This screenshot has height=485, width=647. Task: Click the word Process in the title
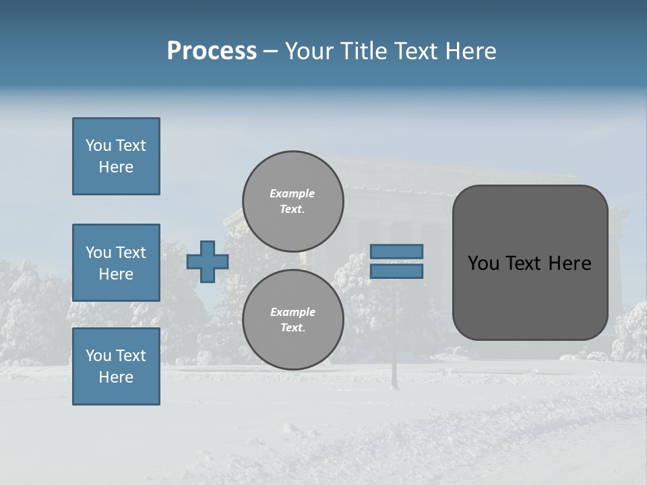pyautogui.click(x=212, y=51)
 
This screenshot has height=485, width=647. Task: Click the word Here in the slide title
pyautogui.click(x=469, y=51)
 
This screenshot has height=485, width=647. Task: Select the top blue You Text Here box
pyautogui.click(x=116, y=156)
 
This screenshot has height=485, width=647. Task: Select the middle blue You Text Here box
pyautogui.click(x=116, y=263)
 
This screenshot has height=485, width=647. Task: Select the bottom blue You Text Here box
pyautogui.click(x=116, y=366)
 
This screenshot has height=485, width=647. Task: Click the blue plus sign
pyautogui.click(x=208, y=262)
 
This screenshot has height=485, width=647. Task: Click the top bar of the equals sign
pyautogui.click(x=396, y=252)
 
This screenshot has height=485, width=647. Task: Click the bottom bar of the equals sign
pyautogui.click(x=396, y=271)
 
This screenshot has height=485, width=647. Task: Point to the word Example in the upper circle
pyautogui.click(x=292, y=193)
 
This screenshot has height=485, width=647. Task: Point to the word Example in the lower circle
pyautogui.click(x=292, y=312)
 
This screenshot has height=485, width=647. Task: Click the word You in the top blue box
pyautogui.click(x=98, y=145)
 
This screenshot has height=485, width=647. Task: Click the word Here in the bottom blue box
pyautogui.click(x=116, y=377)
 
